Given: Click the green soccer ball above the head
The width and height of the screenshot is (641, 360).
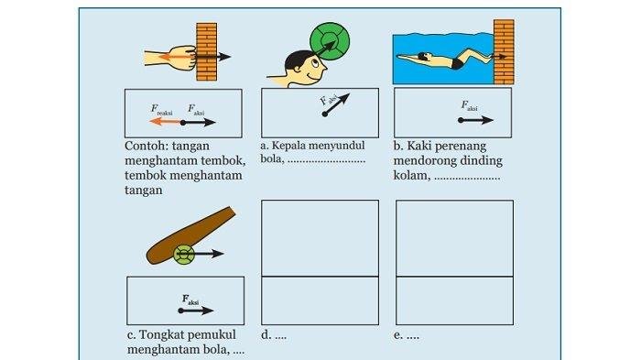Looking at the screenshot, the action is click(330, 41).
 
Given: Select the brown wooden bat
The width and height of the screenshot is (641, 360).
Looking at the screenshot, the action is click(190, 235).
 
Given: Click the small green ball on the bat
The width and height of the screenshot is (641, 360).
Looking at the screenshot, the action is click(184, 255).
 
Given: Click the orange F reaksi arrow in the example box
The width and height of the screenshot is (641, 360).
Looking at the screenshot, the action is click(166, 122).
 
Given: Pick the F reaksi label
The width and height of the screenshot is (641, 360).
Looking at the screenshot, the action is click(161, 110).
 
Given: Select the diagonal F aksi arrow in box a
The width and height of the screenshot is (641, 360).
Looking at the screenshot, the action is click(336, 104).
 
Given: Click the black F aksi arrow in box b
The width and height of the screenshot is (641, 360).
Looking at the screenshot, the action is click(476, 120).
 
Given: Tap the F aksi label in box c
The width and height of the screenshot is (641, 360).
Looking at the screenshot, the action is click(190, 300).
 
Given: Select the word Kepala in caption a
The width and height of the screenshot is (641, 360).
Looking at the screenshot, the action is click(288, 146).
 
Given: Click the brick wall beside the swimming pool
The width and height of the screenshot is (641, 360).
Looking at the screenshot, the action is click(504, 51).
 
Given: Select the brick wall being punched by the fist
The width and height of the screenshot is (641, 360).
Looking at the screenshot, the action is click(206, 51).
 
